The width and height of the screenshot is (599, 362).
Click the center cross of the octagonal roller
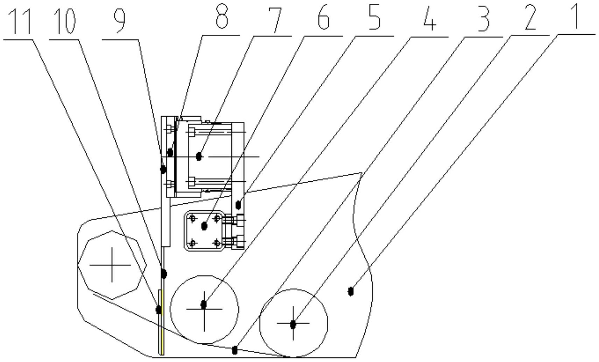tap(112, 265)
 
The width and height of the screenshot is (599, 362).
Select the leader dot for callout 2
tap(293, 325)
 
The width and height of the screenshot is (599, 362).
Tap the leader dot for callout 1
tap(351, 291)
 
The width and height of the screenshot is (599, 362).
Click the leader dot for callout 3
tap(235, 350)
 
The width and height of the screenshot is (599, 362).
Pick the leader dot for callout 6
tap(204, 226)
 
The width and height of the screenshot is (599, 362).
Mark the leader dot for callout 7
tap(199, 156)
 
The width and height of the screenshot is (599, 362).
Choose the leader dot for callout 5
tap(238, 204)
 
